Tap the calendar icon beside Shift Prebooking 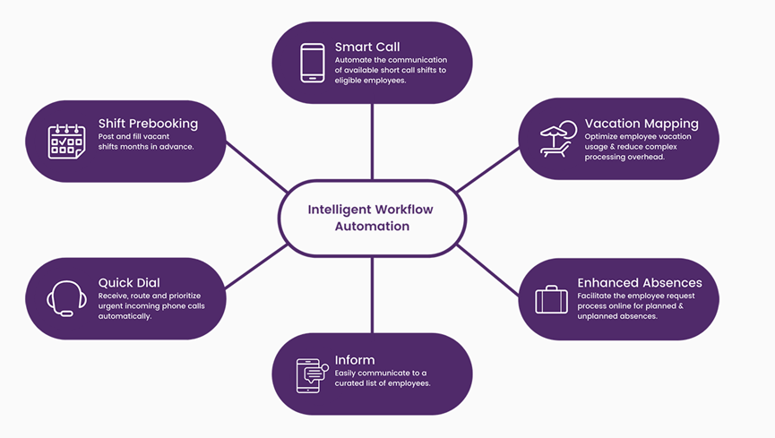pos(66,142)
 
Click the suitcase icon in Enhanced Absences pos(551,299)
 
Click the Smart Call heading pos(367,47)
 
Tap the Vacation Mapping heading pos(642,123)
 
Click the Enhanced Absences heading pos(640,282)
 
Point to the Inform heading pos(355,360)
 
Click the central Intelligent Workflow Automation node pos(372,218)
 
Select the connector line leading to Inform pos(372,296)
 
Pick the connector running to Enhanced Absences pos(488,270)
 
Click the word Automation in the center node pos(372,227)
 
